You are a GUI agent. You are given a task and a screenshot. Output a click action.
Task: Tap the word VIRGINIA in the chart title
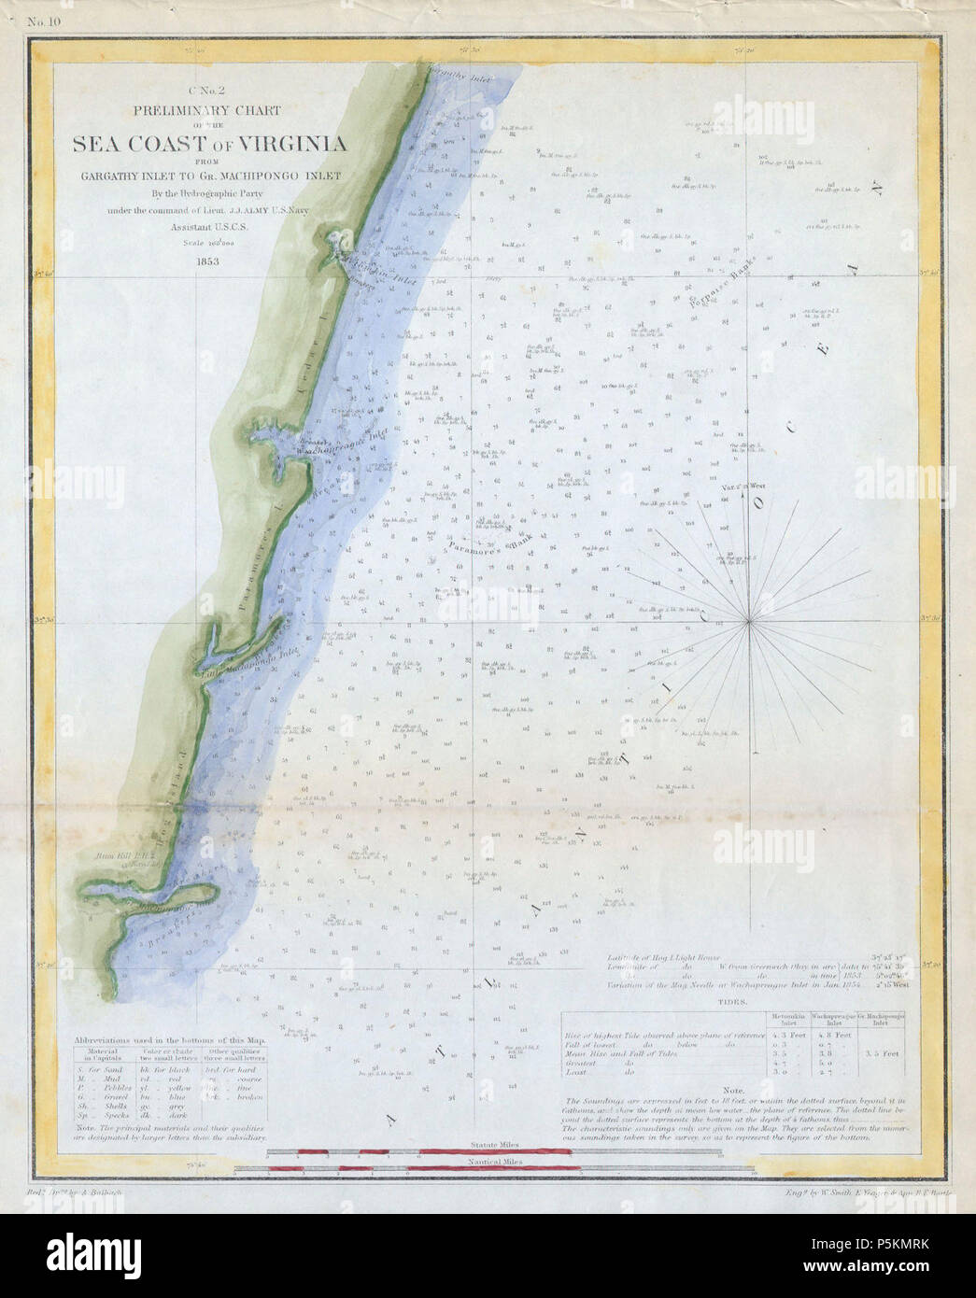click(x=292, y=144)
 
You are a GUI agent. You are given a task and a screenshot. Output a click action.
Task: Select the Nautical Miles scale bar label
click(x=495, y=1161)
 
